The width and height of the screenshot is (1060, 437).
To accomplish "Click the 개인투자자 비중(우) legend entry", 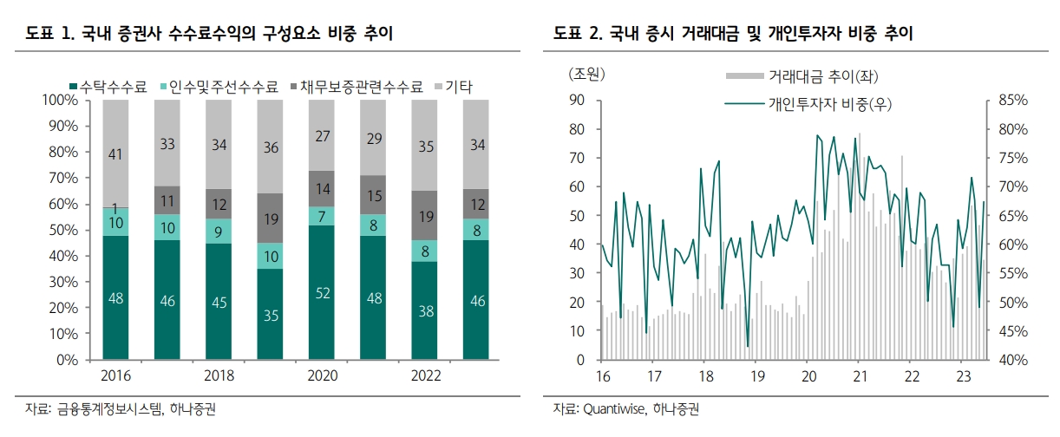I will pos(829,104).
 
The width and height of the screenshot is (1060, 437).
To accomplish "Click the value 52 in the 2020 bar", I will pos(321,293).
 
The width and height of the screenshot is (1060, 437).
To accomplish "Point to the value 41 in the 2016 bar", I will pos(115,154).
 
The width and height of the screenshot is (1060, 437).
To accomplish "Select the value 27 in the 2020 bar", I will pos(321,135).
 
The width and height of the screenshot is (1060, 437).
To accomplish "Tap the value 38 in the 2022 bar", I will pos(424,311).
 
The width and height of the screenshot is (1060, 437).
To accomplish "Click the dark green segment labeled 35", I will pos(270,315).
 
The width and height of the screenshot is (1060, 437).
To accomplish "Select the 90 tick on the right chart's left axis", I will pos(578,101).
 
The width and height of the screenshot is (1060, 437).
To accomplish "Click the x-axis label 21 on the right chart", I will pos(859,376).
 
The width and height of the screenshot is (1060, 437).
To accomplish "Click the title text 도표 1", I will pos(49,34).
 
